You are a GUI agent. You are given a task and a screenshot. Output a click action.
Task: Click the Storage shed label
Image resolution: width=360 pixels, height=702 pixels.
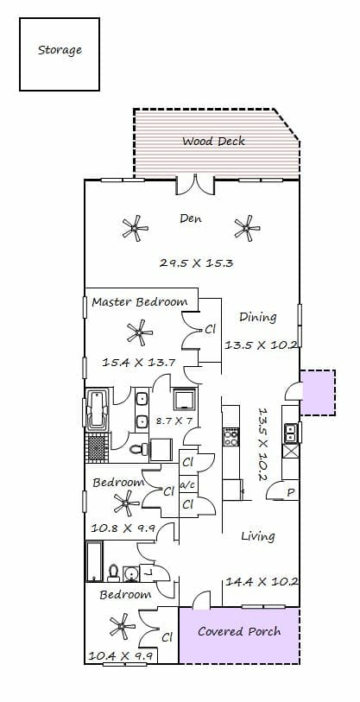[x=60, y=50]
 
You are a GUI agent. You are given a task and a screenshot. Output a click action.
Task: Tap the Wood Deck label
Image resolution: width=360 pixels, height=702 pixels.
[x=213, y=142]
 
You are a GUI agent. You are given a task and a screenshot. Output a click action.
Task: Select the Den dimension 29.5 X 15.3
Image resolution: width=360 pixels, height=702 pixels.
[x=196, y=262]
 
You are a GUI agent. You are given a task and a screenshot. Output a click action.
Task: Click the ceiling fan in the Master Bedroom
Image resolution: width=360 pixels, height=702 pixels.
[x=140, y=332]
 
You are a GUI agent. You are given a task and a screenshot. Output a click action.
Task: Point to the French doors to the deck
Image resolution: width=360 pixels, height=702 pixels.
[x=195, y=185]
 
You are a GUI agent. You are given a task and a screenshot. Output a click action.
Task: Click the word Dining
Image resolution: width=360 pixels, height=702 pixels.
[x=257, y=318]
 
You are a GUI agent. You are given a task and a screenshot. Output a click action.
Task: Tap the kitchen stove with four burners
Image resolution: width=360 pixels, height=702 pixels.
[x=231, y=437]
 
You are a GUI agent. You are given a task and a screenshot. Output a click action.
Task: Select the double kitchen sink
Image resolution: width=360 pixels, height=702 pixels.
[x=290, y=433]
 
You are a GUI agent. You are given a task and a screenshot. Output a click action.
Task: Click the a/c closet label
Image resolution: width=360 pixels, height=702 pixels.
[x=186, y=485]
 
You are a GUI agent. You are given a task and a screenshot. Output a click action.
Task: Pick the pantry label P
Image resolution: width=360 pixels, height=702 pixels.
[x=291, y=493]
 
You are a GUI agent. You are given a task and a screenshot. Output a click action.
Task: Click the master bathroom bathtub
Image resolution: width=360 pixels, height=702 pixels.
[x=98, y=409]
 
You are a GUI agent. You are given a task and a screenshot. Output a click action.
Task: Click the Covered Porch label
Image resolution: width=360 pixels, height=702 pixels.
[x=239, y=632]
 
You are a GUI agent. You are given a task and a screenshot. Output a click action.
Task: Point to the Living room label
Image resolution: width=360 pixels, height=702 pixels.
[x=258, y=536]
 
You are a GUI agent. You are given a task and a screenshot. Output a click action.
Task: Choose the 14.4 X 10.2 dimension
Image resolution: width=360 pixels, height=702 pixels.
[x=262, y=582]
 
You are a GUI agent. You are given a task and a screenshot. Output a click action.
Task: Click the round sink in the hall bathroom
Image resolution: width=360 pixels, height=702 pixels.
[x=131, y=573]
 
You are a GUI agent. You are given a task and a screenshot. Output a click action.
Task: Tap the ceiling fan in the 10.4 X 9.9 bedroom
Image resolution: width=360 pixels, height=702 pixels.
[x=123, y=626]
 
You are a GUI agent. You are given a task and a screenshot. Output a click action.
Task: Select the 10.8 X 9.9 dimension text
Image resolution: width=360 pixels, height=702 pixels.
[x=123, y=528]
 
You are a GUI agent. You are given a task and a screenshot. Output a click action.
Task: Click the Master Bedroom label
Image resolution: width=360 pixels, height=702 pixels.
[x=140, y=301]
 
